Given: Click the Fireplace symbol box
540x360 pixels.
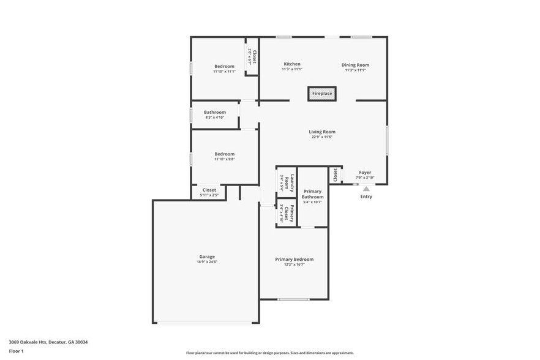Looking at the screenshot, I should (322, 94).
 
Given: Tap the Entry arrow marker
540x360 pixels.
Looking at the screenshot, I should (366, 189).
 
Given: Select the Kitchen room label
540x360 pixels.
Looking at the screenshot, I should (291, 64).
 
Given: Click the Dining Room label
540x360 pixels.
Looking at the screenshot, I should (355, 65).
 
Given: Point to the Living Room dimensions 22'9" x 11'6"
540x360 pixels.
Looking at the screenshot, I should (322, 137).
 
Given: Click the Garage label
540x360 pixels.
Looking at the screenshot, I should (207, 257).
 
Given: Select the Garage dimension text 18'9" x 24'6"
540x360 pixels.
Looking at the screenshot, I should (207, 262).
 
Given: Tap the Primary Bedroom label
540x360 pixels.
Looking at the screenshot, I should (294, 259).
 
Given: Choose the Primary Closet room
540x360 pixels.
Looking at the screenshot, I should (287, 213).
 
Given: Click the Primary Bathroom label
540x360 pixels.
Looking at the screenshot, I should (312, 194).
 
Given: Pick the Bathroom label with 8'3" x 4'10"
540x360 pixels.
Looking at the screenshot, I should (215, 112).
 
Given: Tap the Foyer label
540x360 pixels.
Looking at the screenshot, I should (365, 173).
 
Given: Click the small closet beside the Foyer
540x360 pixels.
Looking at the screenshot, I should (335, 174).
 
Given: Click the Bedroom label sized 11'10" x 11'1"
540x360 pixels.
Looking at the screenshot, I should (224, 66).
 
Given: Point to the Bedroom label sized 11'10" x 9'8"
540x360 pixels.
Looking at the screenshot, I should (224, 154).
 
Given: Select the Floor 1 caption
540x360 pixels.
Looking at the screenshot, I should (17, 351).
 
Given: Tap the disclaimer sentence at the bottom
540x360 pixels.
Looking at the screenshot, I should (269, 353).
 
